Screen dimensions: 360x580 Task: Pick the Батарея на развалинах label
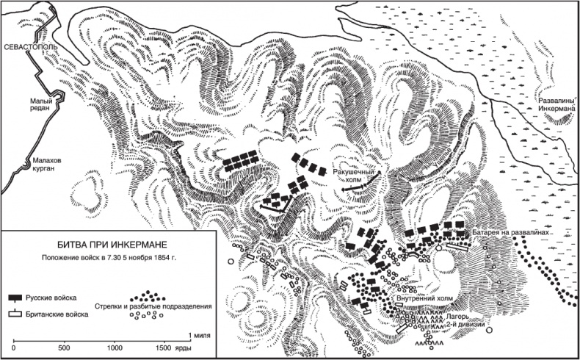point(510,232)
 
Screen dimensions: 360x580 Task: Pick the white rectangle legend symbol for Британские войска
point(15,314)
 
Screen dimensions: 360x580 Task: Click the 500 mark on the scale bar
point(64,347)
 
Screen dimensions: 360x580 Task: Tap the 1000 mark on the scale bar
point(115,347)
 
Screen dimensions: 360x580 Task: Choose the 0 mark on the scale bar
point(14,347)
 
